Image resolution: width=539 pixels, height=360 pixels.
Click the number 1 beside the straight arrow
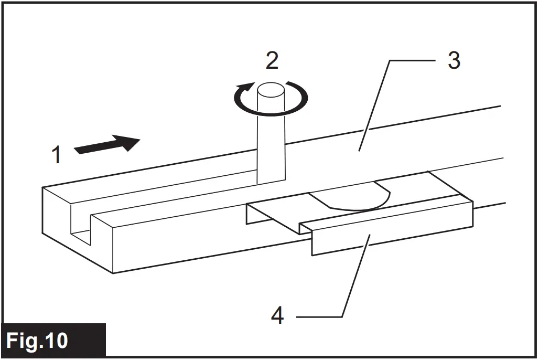(x=57, y=155)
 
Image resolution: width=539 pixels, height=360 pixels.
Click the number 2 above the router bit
(x=272, y=61)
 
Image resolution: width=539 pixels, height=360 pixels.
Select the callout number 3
(x=454, y=61)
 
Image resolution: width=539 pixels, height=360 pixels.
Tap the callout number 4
(x=277, y=315)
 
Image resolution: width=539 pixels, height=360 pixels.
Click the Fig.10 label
(x=37, y=341)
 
